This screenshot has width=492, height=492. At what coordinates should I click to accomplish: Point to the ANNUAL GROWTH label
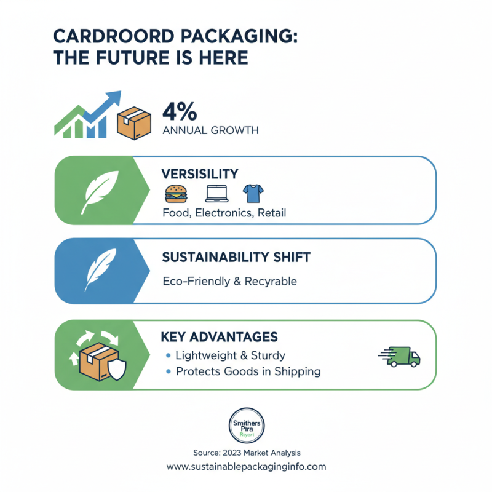[210, 131]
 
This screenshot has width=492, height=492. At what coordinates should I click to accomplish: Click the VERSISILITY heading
[200, 174]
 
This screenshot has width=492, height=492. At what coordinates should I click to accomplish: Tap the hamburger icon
[173, 194]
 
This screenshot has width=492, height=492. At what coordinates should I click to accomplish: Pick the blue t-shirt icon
[252, 194]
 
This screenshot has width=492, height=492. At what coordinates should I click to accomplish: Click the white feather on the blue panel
[99, 271]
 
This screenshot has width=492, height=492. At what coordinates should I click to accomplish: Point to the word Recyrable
[269, 281]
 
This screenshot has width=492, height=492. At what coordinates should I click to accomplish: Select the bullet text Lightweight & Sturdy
[231, 355]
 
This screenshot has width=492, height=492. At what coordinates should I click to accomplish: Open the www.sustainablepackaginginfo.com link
[246, 467]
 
